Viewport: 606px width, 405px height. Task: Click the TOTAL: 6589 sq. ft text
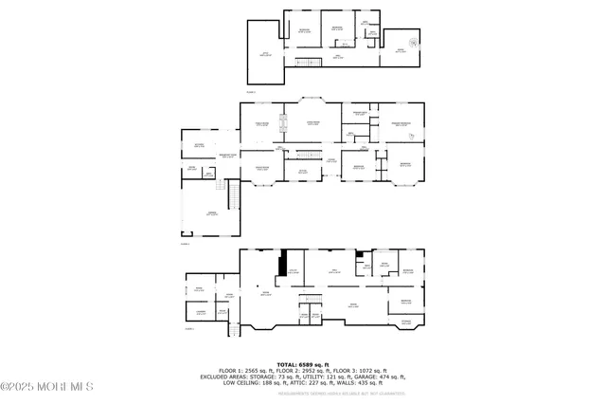(x=302, y=363)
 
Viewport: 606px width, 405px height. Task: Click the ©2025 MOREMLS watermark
(x=47, y=386)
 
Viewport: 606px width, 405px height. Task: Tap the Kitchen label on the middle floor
(x=199, y=144)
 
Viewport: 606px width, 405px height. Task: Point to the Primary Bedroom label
(x=401, y=123)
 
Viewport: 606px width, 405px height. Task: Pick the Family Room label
(x=261, y=123)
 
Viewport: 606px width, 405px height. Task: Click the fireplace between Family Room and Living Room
(x=280, y=121)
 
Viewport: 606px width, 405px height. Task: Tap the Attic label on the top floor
(x=265, y=55)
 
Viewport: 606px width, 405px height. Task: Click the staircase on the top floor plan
(x=305, y=63)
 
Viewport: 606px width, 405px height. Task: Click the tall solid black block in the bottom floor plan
(x=281, y=263)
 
